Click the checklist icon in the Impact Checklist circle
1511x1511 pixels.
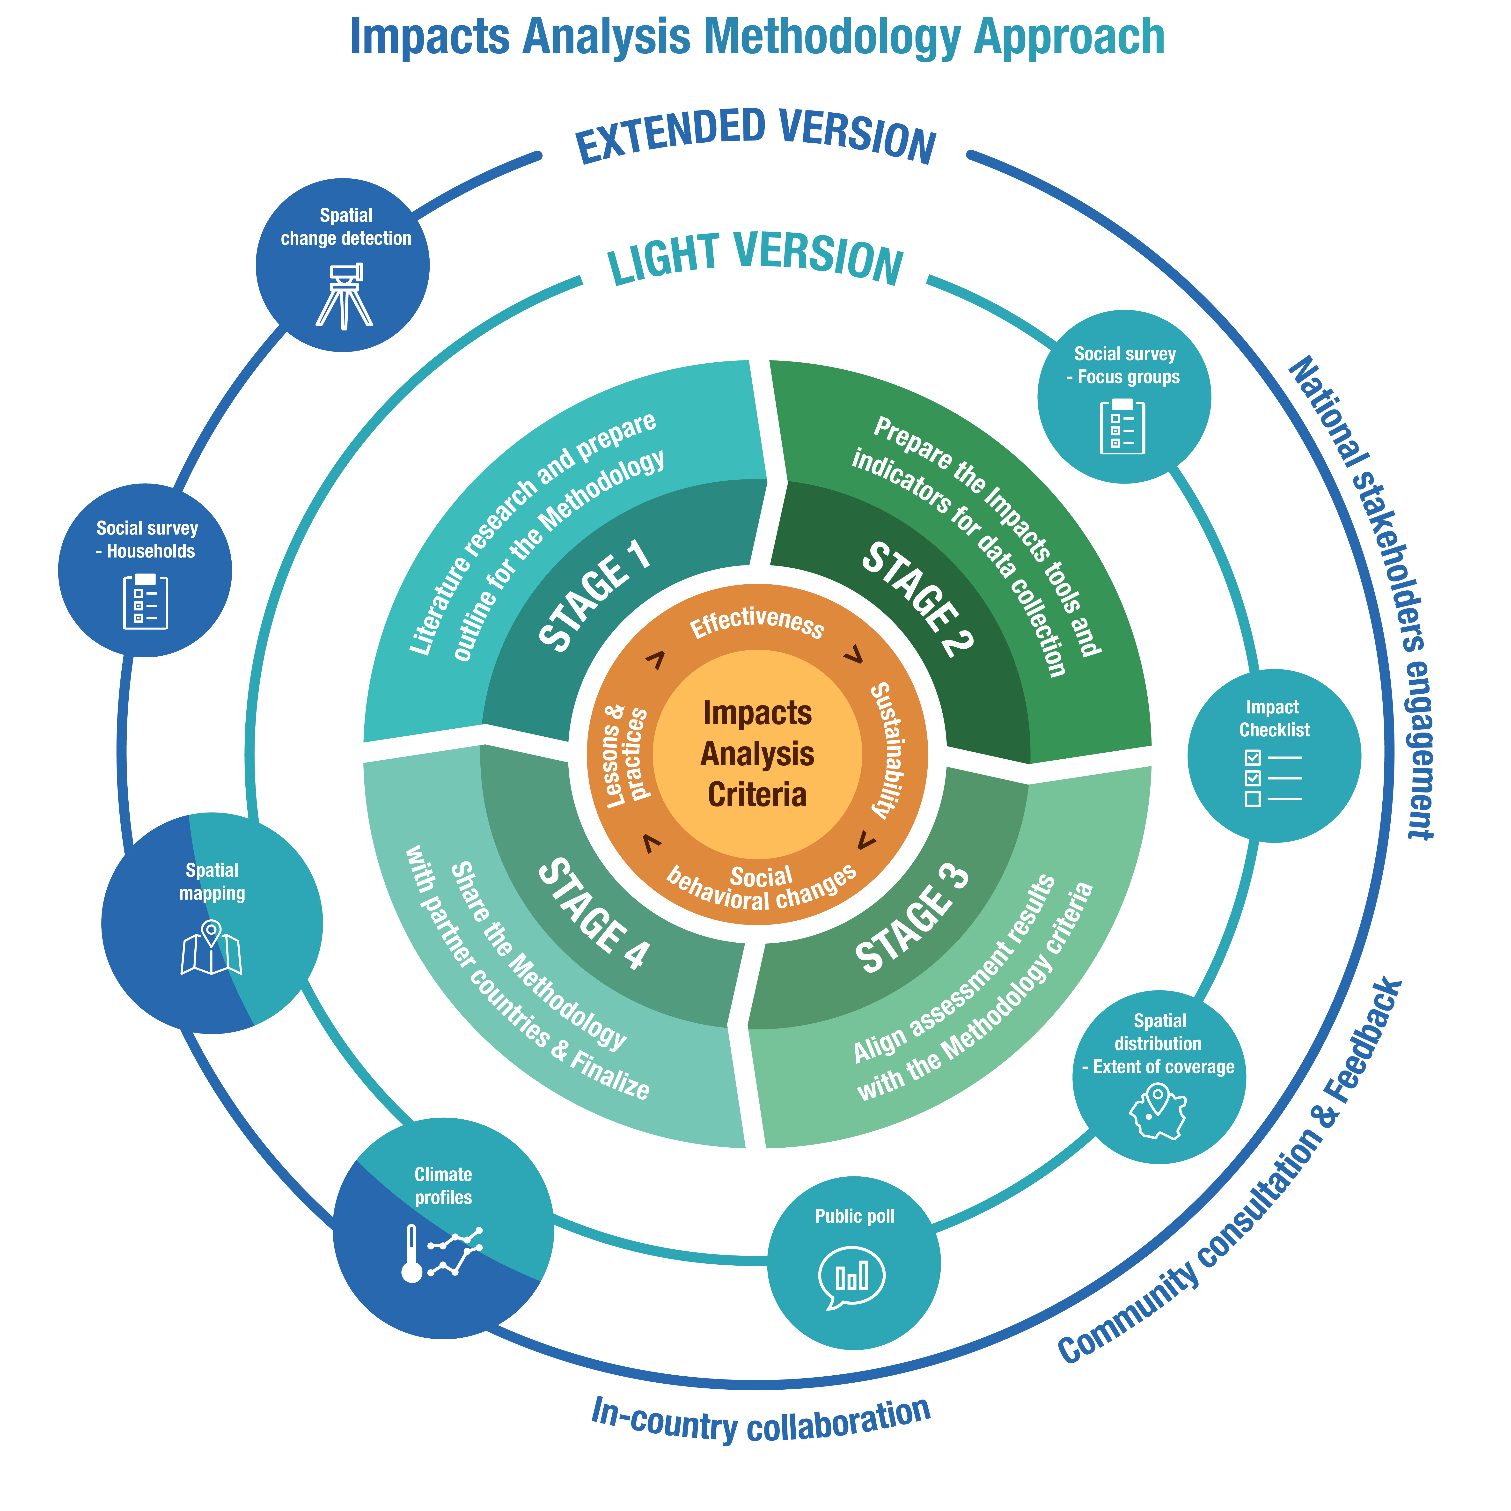tap(1272, 778)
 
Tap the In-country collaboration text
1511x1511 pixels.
tap(760, 1420)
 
